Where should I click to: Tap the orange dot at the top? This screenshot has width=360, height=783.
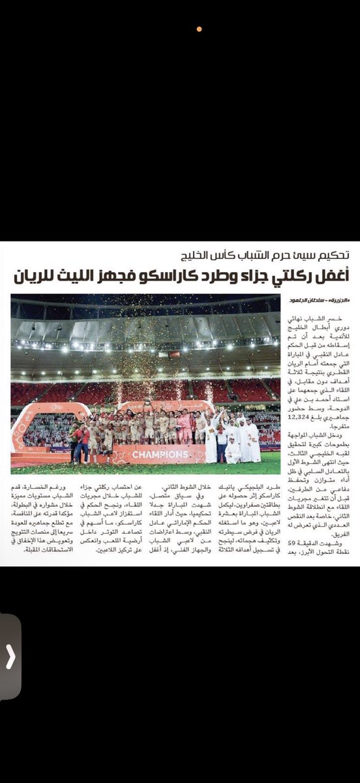pyautogui.click(x=199, y=29)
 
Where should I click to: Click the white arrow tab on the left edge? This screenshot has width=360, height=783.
pyautogui.click(x=10, y=656)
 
